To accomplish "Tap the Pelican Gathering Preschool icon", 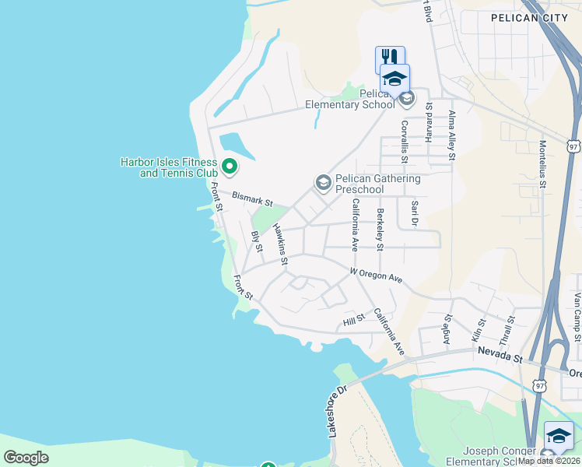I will [x=323, y=183].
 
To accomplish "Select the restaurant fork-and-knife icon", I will [x=389, y=58].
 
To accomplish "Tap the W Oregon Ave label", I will [x=376, y=276].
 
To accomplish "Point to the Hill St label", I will [x=354, y=321].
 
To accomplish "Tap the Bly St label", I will [x=256, y=242].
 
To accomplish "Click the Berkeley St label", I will [x=380, y=230].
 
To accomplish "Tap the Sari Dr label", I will [x=415, y=212].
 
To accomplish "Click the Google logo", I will [x=26, y=457].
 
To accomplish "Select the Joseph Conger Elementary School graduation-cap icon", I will [x=559, y=435].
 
